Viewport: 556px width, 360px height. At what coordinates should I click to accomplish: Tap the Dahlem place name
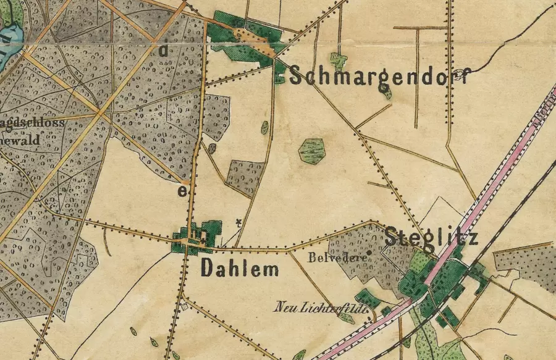(x=239, y=269)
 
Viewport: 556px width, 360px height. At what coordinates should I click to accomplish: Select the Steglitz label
(x=431, y=237)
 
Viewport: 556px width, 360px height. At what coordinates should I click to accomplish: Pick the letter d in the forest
(x=163, y=51)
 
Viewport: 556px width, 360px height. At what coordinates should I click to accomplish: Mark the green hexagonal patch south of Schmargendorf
(x=311, y=151)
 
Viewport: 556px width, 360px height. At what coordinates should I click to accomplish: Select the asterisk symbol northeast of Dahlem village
(x=239, y=222)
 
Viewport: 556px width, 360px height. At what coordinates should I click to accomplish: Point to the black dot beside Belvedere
(x=369, y=253)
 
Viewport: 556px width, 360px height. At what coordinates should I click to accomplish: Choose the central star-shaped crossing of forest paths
(x=101, y=113)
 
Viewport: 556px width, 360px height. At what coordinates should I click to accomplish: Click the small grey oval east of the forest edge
(x=212, y=148)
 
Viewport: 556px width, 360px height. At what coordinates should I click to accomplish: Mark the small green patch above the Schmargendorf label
(x=337, y=61)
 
